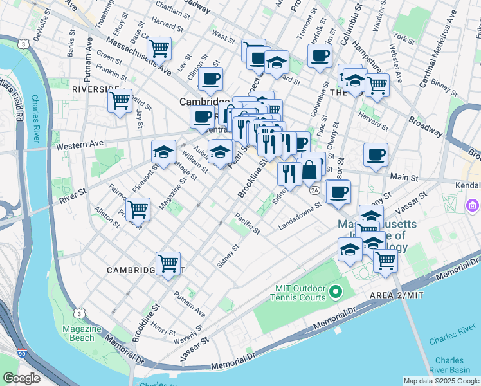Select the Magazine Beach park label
click(83, 333)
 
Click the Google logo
click(21, 378)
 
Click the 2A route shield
click(314, 190)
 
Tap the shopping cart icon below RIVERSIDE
click(120, 100)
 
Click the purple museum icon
click(472, 207)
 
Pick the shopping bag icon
click(310, 170)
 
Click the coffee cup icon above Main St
click(376, 154)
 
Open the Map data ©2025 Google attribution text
click(440, 380)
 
